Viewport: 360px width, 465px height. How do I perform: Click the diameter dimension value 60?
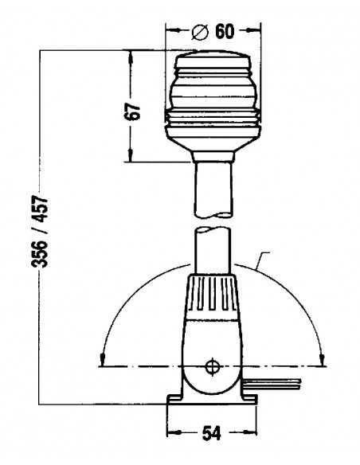225,31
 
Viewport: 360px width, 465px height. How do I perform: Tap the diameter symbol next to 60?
200,32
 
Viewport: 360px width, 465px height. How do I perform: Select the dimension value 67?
132,111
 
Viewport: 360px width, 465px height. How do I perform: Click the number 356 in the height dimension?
40,253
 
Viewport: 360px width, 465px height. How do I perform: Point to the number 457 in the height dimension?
40,209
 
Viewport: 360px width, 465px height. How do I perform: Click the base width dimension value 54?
211,434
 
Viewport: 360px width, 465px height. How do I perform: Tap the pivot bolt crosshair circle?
213,366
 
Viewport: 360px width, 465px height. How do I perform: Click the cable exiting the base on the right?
272,384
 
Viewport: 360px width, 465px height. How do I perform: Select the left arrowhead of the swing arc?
102,359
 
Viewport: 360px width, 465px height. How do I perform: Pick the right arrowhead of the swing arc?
323,359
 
